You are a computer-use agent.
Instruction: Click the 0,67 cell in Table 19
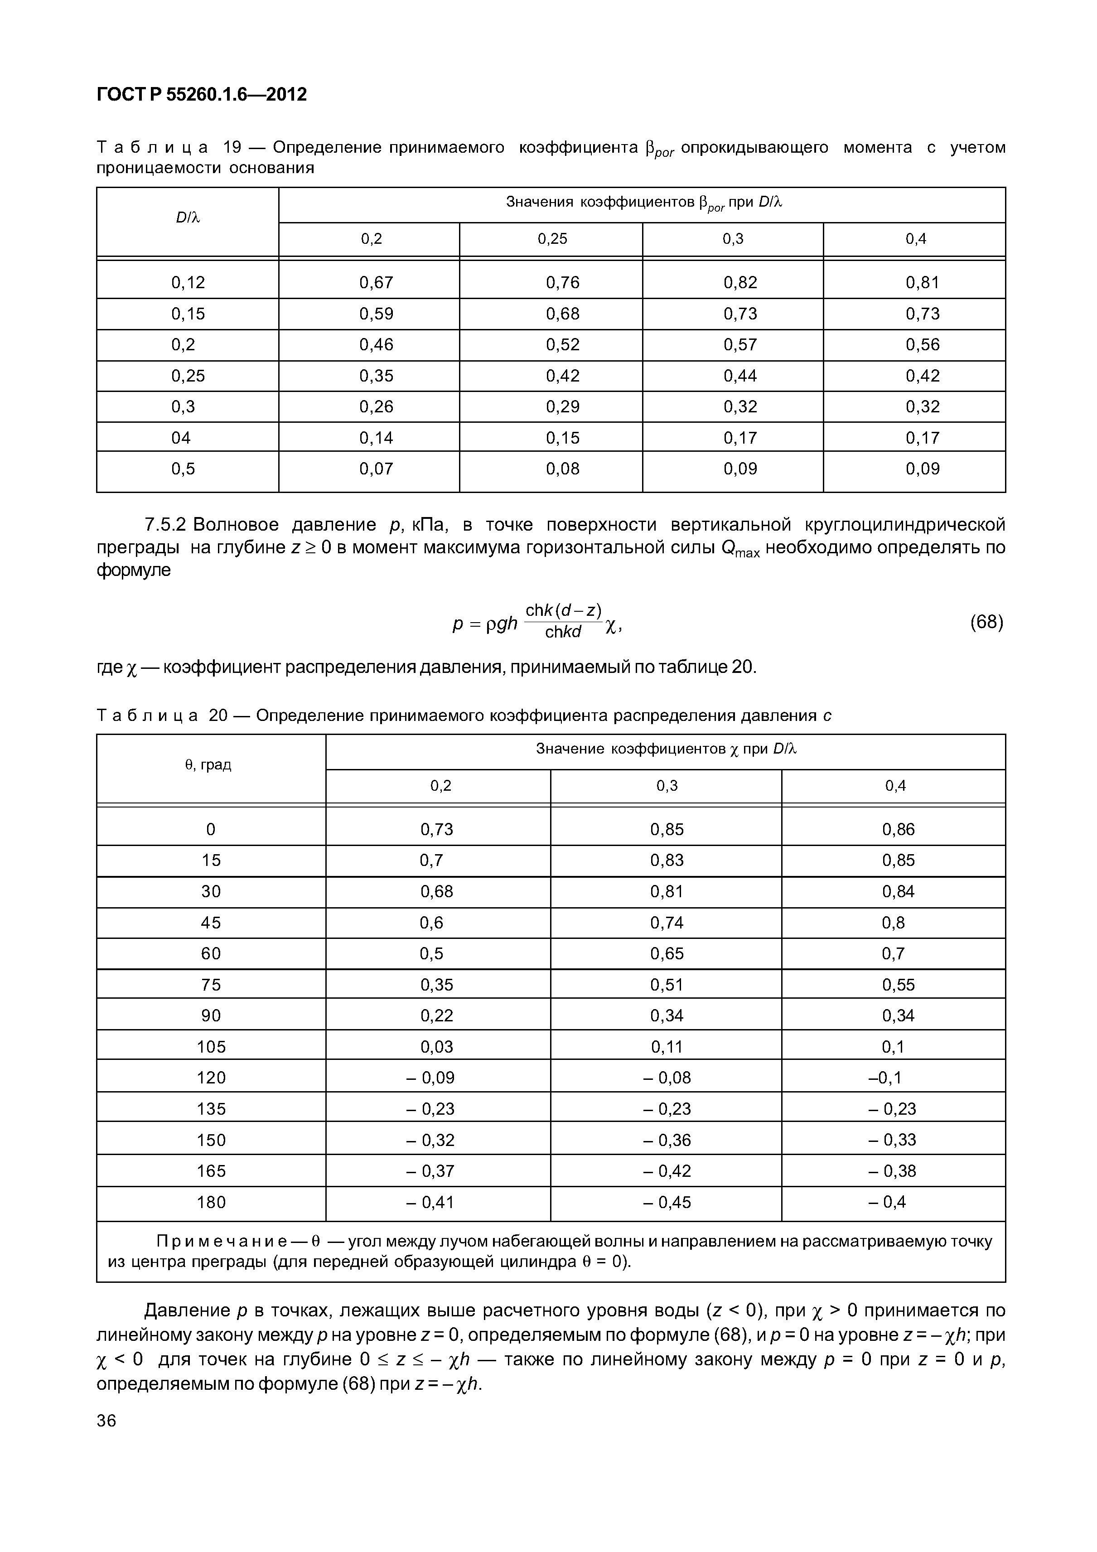[x=376, y=283]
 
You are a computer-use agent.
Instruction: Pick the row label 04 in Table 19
[x=181, y=438]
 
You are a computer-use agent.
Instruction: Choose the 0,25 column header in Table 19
[x=552, y=239]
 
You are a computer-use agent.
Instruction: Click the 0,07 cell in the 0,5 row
[x=376, y=469]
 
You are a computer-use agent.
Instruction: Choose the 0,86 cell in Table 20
[x=898, y=829]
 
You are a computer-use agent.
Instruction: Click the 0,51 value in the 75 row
[x=667, y=985]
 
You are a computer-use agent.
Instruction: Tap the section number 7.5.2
[x=165, y=525]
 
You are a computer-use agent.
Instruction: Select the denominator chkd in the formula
[x=563, y=633]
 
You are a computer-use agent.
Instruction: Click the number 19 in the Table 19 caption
[x=232, y=147]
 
